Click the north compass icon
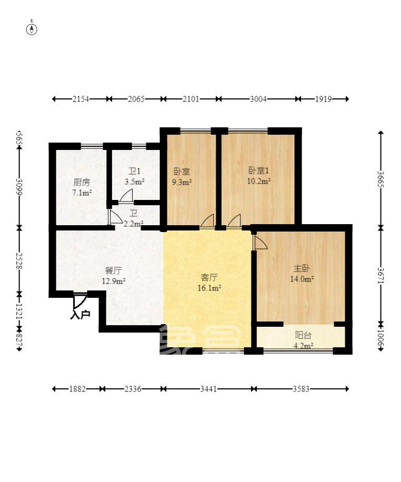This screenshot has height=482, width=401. coord(32,28)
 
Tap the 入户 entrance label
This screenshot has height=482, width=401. coord(80,315)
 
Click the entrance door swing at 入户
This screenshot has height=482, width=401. coord(79,301)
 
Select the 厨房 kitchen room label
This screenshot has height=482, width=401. coord(82,183)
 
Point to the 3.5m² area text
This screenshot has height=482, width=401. coord(134,182)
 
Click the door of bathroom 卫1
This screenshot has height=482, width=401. coord(126,196)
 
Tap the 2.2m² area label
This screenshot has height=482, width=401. coord(133,224)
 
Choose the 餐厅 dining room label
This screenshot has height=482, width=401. coord(113,271)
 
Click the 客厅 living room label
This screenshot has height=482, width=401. coord(209,277)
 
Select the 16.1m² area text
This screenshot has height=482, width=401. coord(209,288)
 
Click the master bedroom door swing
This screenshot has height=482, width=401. coord(260,242)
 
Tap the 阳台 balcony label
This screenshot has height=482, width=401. coord(303,335)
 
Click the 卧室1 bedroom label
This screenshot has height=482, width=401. coord(259,170)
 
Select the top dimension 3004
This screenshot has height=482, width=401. coord(258,98)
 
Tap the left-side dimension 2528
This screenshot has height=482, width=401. coord(19,260)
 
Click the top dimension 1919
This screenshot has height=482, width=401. coord(324,98)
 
